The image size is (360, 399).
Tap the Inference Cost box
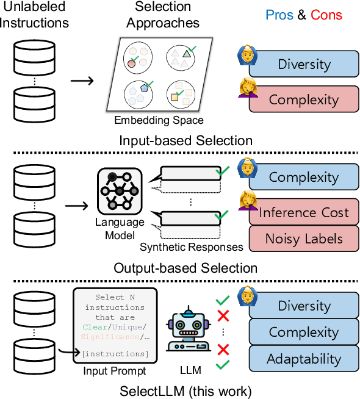click(x=304, y=212)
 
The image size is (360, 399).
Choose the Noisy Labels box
click(x=304, y=239)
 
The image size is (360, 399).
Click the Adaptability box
click(x=304, y=359)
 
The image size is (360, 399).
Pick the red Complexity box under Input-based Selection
click(x=304, y=99)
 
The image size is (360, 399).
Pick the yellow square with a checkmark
click(x=175, y=96)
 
